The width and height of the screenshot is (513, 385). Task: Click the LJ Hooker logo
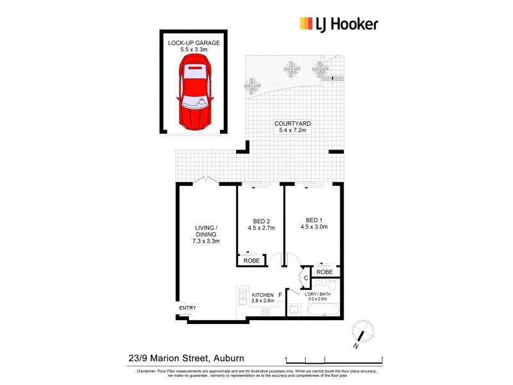pyautogui.click(x=339, y=24)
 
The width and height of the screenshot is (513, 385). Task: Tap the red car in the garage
pyautogui.click(x=194, y=90)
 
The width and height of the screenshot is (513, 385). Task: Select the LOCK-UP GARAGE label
pyautogui.click(x=194, y=43)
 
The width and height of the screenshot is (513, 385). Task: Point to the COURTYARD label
pyautogui.click(x=293, y=124)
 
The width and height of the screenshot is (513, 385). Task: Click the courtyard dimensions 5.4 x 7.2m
pyautogui.click(x=293, y=131)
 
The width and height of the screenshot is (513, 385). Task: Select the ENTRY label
pyautogui.click(x=188, y=309)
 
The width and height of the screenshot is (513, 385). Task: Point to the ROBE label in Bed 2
pyautogui.click(x=251, y=261)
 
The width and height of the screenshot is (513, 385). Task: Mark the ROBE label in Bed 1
pyautogui.click(x=324, y=272)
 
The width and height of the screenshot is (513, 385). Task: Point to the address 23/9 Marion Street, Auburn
pyautogui.click(x=187, y=359)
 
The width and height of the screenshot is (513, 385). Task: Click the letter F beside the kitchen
pyautogui.click(x=280, y=295)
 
